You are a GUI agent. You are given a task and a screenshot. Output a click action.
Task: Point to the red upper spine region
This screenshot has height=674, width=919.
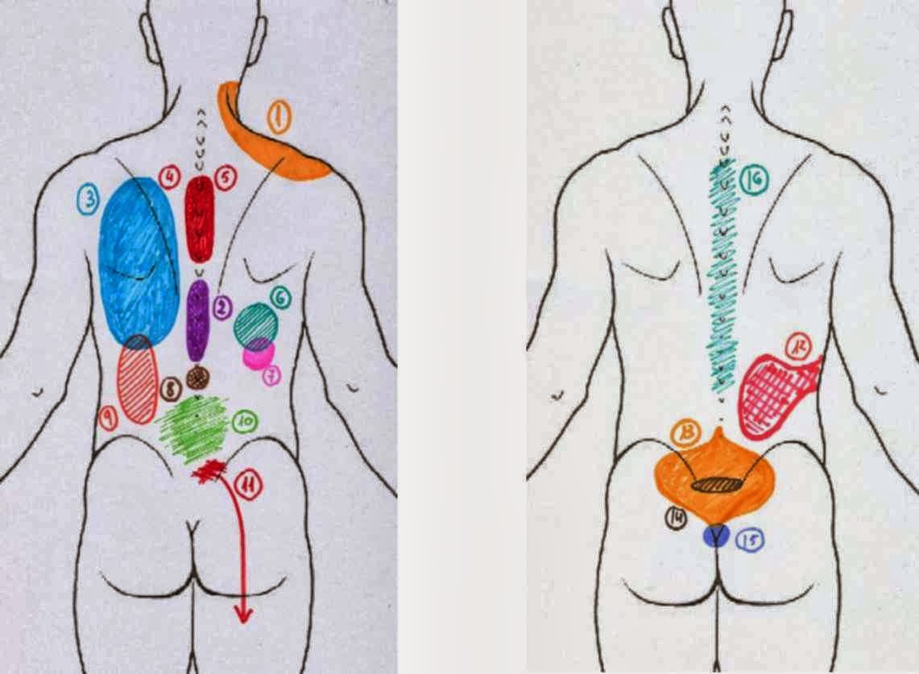pyautogui.click(x=199, y=217)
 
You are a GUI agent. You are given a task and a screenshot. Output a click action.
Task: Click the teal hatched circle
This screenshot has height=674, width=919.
pyautogui.click(x=256, y=324)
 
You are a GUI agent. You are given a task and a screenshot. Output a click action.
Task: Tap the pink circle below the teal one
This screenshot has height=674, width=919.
pyautogui.click(x=259, y=354)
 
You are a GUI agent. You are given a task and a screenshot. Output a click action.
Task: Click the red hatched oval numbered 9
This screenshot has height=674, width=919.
pyautogui.click(x=137, y=382)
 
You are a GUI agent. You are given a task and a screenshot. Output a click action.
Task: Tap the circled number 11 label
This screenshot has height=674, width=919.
pyautogui.click(x=247, y=486)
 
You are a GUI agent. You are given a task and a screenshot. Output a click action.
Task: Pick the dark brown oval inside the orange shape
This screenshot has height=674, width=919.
pyautogui.click(x=717, y=485)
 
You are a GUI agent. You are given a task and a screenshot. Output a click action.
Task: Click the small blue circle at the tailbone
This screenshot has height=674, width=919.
pyautogui.click(x=714, y=536)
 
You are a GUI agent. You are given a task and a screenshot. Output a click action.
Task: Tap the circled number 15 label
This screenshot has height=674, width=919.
pyautogui.click(x=749, y=541)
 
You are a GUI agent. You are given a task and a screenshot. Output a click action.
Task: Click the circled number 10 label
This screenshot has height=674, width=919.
pyautogui.click(x=244, y=420)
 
